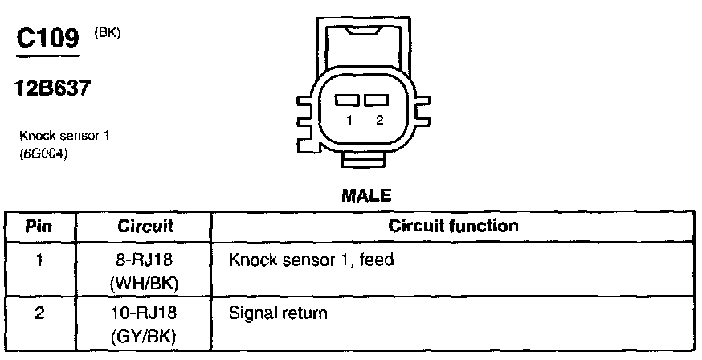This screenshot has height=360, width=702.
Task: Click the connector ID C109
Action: (47, 39)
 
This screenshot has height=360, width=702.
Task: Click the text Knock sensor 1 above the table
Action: (63, 136)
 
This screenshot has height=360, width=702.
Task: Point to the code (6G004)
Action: (43, 154)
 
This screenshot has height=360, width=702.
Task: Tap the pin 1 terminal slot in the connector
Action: (348, 100)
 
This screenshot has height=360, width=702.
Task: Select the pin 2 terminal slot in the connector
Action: (374, 100)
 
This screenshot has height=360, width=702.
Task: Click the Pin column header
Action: (39, 226)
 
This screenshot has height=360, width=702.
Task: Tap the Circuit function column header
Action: (454, 226)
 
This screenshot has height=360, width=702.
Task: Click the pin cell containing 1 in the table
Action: (39, 260)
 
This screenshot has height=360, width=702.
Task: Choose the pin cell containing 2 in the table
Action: (39, 313)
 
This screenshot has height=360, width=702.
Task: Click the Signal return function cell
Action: (278, 313)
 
